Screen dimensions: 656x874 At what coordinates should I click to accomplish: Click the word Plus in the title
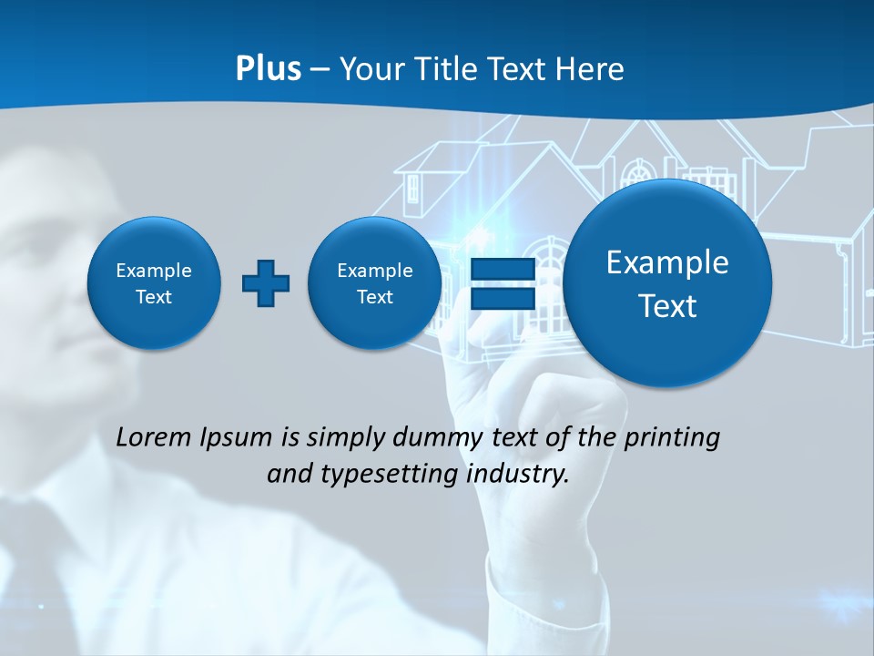pos(268,69)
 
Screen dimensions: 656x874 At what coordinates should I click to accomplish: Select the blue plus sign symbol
pos(266,283)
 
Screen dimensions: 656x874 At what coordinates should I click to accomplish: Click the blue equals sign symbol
pos(502,283)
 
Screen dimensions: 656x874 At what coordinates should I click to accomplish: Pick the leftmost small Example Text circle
pos(154,283)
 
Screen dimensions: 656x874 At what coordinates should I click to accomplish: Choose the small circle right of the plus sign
pos(375,283)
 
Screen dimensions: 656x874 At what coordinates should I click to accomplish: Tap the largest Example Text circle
pos(667,283)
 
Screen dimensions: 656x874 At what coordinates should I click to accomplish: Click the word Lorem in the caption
pos(154,438)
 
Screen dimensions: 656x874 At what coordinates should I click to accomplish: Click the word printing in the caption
pos(673,438)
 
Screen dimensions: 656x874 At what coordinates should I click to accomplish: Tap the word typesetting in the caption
pos(394,475)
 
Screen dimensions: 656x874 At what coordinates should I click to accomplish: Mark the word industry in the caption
pos(516,475)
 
